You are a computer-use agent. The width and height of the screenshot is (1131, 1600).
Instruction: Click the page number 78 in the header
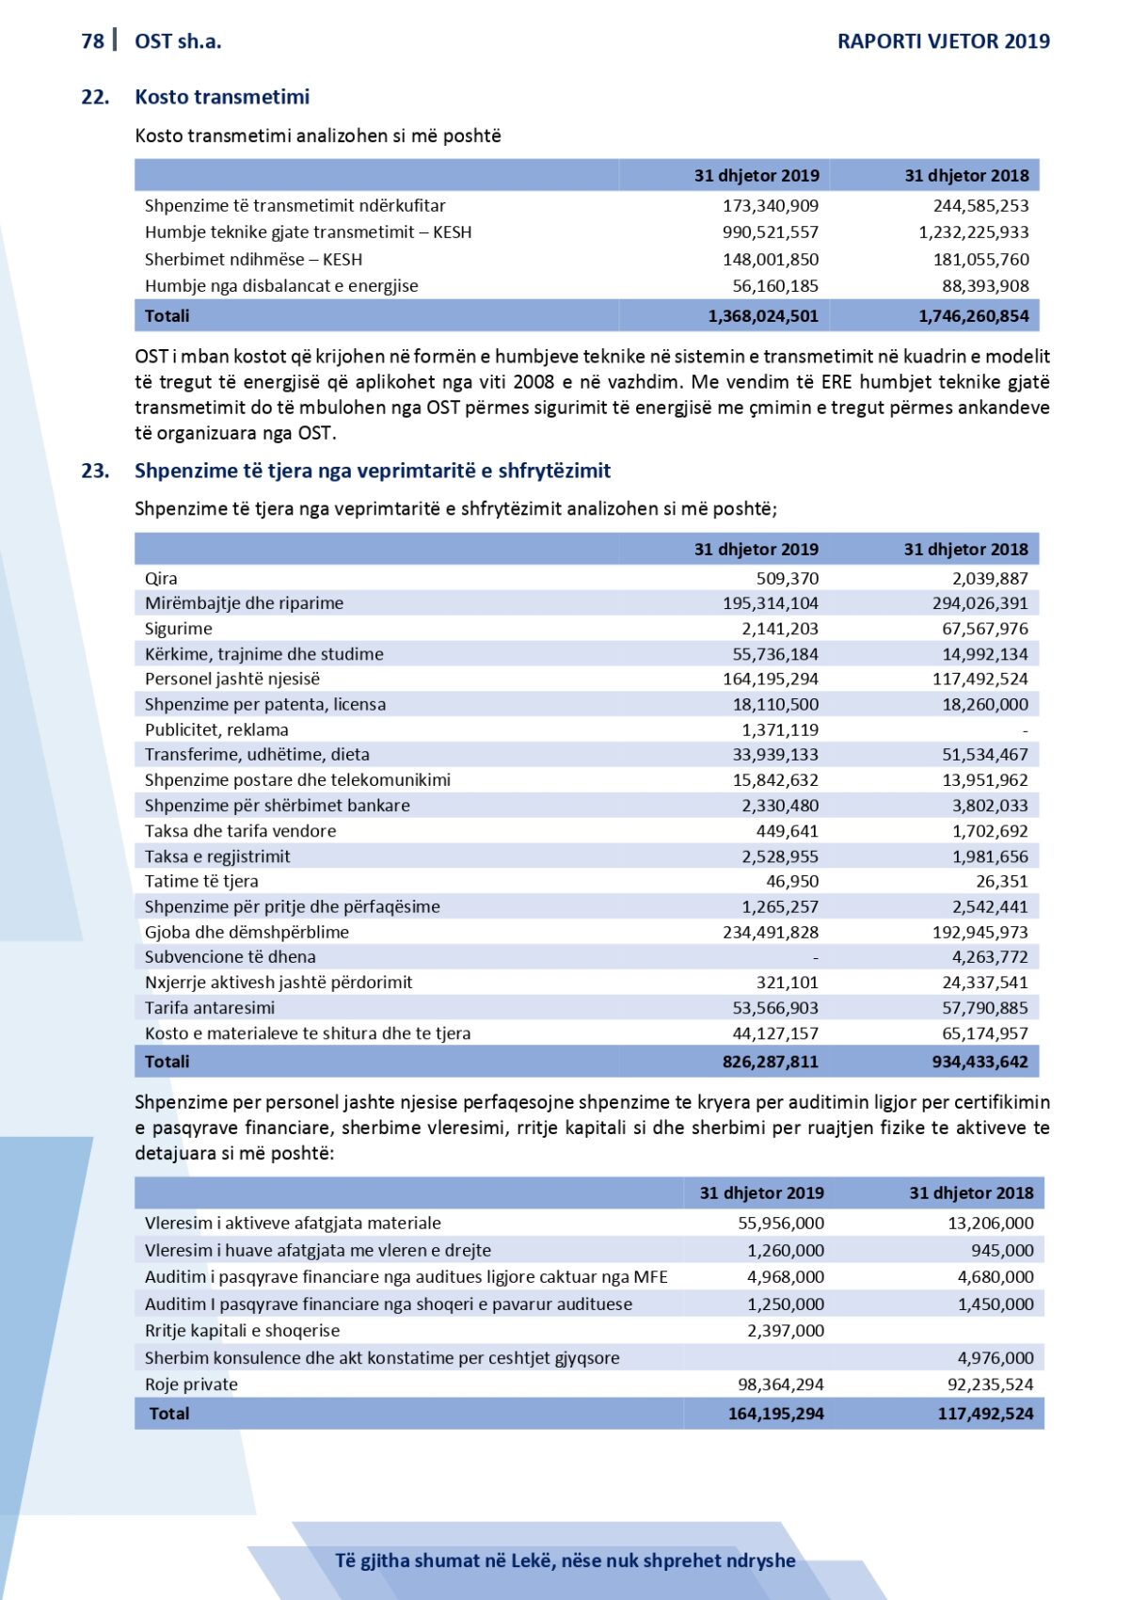(x=92, y=40)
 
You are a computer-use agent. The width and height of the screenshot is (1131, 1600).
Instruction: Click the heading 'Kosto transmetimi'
(x=222, y=97)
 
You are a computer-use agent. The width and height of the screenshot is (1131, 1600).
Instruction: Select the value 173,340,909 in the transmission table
(x=771, y=205)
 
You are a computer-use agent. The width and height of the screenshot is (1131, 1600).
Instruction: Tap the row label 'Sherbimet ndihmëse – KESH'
(x=253, y=259)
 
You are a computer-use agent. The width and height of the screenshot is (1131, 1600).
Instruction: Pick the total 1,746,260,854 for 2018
(x=974, y=316)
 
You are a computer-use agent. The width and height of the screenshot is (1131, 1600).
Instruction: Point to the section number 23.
(x=95, y=471)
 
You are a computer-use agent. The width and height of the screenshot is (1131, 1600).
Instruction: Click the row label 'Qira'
(x=161, y=579)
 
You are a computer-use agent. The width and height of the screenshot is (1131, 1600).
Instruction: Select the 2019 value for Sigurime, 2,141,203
(x=780, y=629)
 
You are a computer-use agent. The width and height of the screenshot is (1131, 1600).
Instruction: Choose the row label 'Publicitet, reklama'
(x=216, y=729)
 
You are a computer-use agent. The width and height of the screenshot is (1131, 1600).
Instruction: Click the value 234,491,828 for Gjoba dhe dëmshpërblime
(x=771, y=932)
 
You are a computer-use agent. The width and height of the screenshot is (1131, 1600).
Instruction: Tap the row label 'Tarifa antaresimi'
(x=210, y=1008)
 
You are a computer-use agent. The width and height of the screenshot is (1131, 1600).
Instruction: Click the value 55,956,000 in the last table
(x=780, y=1223)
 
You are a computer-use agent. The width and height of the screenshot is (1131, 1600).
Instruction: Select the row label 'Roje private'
(x=191, y=1384)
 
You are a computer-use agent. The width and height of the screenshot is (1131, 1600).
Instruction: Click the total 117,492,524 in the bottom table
(x=985, y=1414)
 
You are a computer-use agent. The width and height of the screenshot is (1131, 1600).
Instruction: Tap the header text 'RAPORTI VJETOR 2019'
(x=943, y=40)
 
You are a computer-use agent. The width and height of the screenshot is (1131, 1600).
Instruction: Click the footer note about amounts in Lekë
(x=565, y=1560)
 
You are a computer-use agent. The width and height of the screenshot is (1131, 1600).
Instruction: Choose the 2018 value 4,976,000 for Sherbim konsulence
(x=996, y=1358)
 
